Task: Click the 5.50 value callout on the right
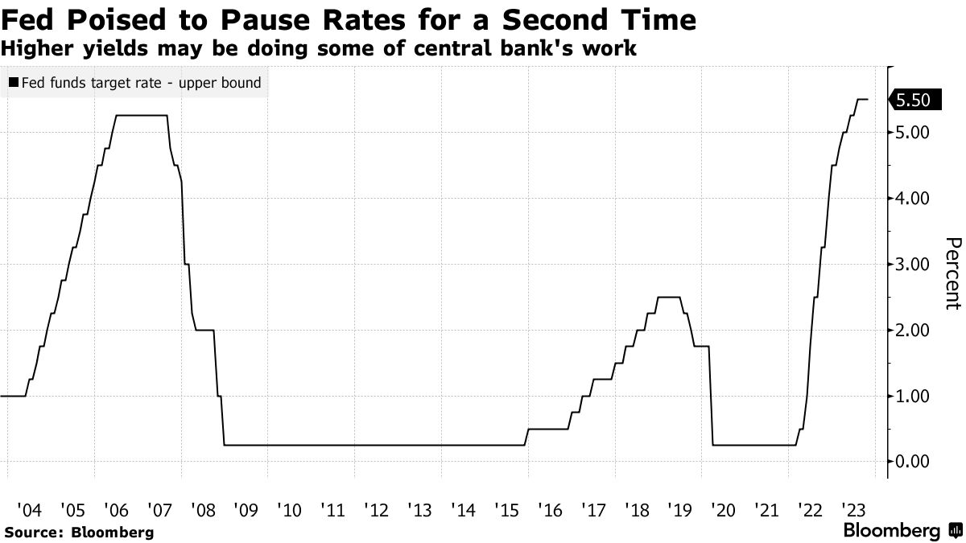[913, 100]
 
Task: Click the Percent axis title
[953, 274]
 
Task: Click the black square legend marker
[13, 82]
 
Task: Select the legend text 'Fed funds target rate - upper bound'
[140, 82]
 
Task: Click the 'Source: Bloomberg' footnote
[79, 532]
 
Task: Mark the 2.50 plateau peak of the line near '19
[669, 298]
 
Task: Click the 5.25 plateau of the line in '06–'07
[142, 116]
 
